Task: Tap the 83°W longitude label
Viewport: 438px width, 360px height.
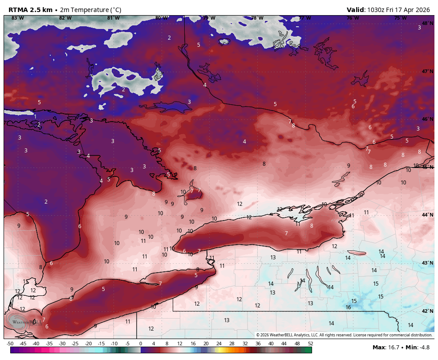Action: pos(17,18)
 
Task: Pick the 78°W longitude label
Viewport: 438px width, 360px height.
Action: pos(257,18)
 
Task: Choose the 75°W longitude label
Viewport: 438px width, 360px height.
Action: pos(400,18)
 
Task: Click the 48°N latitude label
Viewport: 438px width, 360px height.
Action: pos(427,23)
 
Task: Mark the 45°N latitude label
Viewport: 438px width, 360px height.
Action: pos(427,167)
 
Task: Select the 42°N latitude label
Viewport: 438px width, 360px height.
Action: pos(427,311)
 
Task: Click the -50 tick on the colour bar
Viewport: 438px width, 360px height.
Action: pos(10,344)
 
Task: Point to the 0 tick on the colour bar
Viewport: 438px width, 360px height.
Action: pos(141,344)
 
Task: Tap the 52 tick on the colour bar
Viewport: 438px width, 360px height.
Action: pos(310,344)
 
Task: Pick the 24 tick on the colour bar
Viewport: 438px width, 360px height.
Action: pos(219,344)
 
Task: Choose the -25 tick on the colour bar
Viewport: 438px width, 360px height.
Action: pos(75,344)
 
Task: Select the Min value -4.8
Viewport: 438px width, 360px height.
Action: pos(426,347)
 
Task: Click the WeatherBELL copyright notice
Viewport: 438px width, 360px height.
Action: pos(344,335)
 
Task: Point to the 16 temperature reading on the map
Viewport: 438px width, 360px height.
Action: pos(348,307)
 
